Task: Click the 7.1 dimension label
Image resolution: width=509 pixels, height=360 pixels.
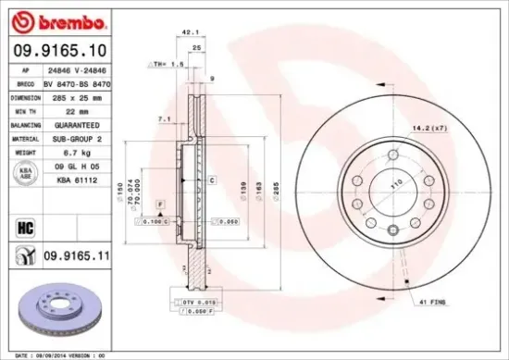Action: [x=163, y=119]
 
